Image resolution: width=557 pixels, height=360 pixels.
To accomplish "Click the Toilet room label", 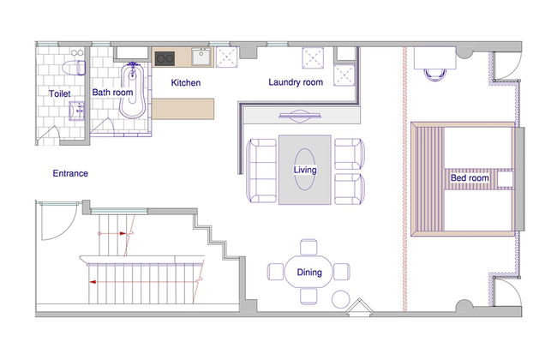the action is (x=60, y=93).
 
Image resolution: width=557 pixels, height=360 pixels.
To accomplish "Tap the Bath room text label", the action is (x=112, y=93).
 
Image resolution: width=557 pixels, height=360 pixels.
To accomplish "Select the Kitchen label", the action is (x=186, y=83).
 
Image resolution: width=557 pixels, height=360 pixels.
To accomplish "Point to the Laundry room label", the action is (x=296, y=82).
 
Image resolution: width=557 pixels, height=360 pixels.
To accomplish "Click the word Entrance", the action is (x=70, y=173).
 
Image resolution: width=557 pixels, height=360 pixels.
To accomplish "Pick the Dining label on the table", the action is (x=309, y=273).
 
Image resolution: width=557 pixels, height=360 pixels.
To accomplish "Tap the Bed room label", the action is (x=470, y=177).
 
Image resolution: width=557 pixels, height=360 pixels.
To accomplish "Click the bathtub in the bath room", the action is (x=133, y=91).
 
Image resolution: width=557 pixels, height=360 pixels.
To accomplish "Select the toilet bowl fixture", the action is (x=74, y=68).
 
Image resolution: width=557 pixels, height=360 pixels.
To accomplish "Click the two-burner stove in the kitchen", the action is (x=165, y=58).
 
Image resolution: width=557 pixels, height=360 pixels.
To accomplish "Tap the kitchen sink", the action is (x=201, y=57).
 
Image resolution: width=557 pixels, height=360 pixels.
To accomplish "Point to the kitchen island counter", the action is (x=183, y=109).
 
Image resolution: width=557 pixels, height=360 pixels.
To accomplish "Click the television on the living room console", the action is (x=300, y=116).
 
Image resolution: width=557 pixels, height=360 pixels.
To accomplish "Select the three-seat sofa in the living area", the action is (x=261, y=171).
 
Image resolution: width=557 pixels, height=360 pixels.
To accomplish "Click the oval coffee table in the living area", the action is (x=305, y=170).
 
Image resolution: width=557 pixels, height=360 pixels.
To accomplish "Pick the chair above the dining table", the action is (x=308, y=248).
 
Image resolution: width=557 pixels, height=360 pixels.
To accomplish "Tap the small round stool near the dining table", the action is (x=341, y=299).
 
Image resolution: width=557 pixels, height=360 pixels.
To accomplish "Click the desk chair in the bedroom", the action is (x=434, y=75).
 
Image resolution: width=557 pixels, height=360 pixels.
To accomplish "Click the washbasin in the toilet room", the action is (x=76, y=111).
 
